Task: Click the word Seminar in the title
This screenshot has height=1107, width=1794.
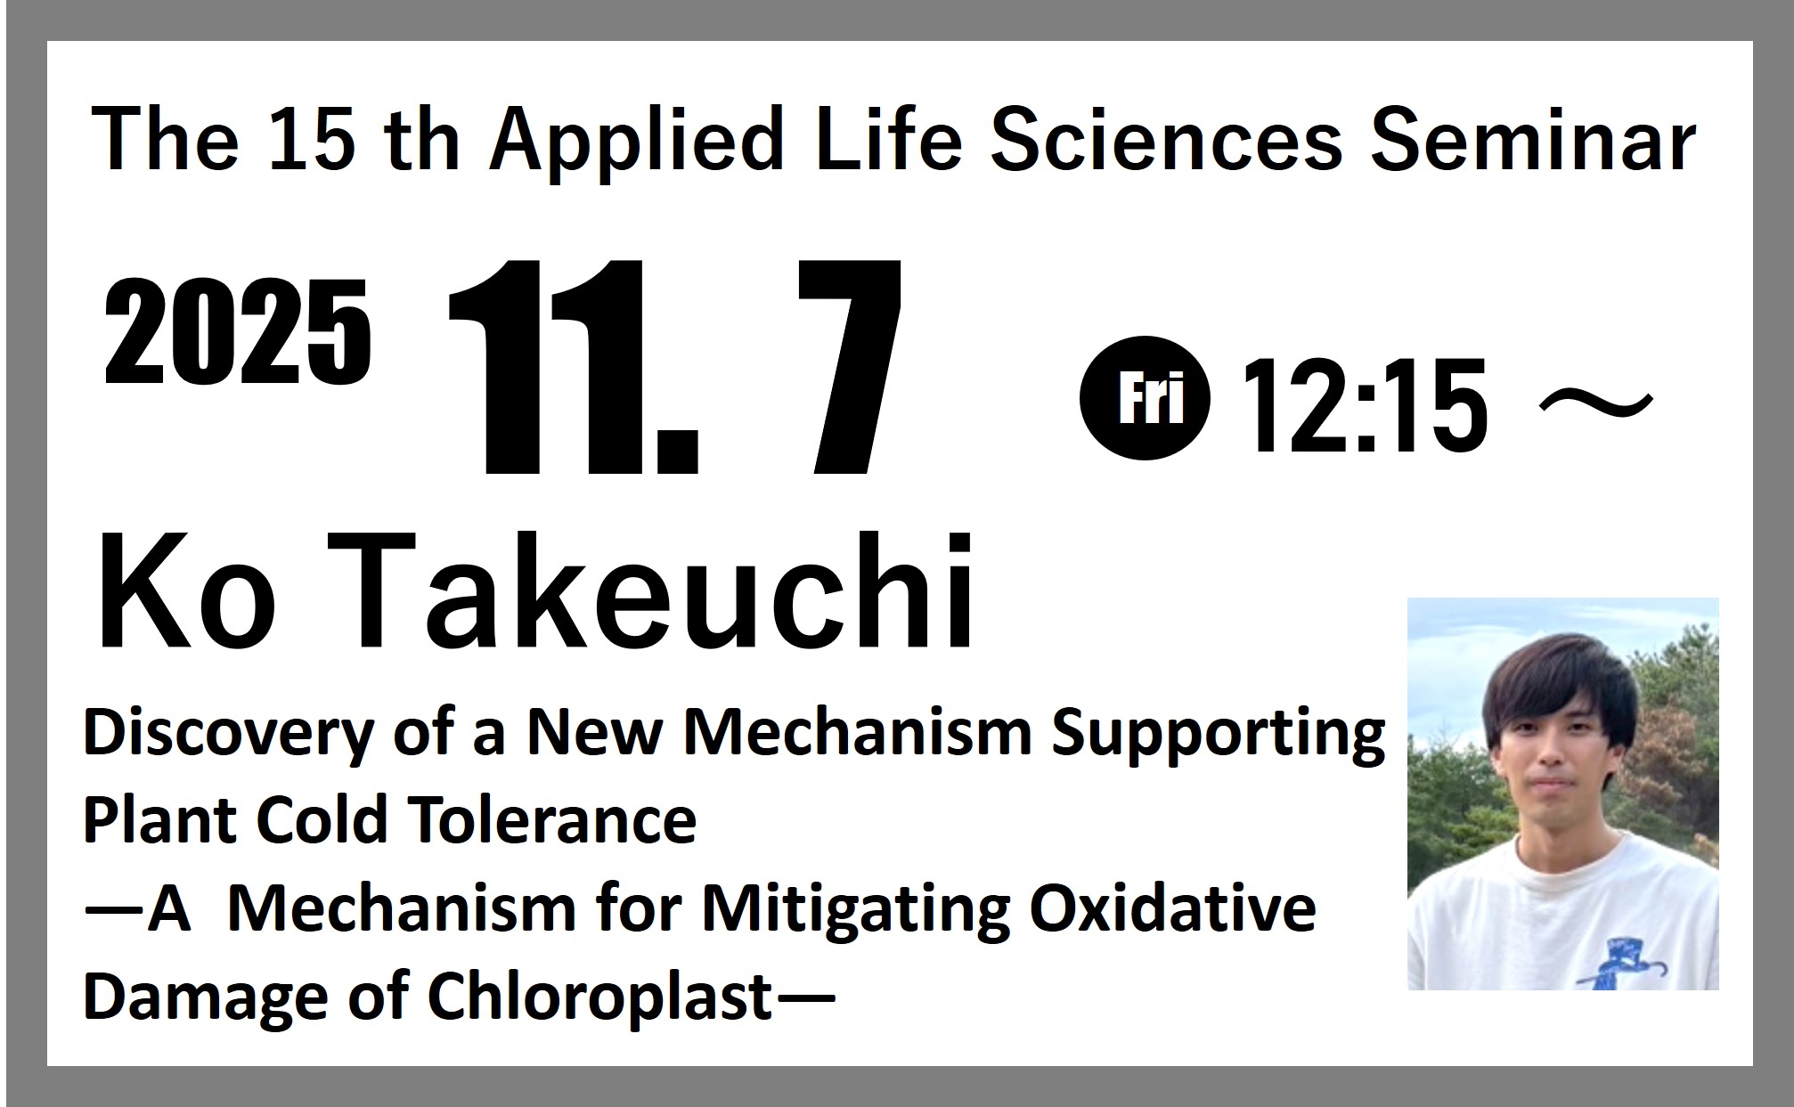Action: pos(1532,140)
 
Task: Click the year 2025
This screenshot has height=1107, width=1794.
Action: pos(237,331)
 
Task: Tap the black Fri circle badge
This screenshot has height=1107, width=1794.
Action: pos(1145,397)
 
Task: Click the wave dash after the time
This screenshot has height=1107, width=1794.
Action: pos(1595,406)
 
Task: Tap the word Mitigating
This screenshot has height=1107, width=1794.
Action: pos(856,911)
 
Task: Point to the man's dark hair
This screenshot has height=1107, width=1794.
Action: pos(1559,681)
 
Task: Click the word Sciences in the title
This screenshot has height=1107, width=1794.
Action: pos(1165,140)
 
